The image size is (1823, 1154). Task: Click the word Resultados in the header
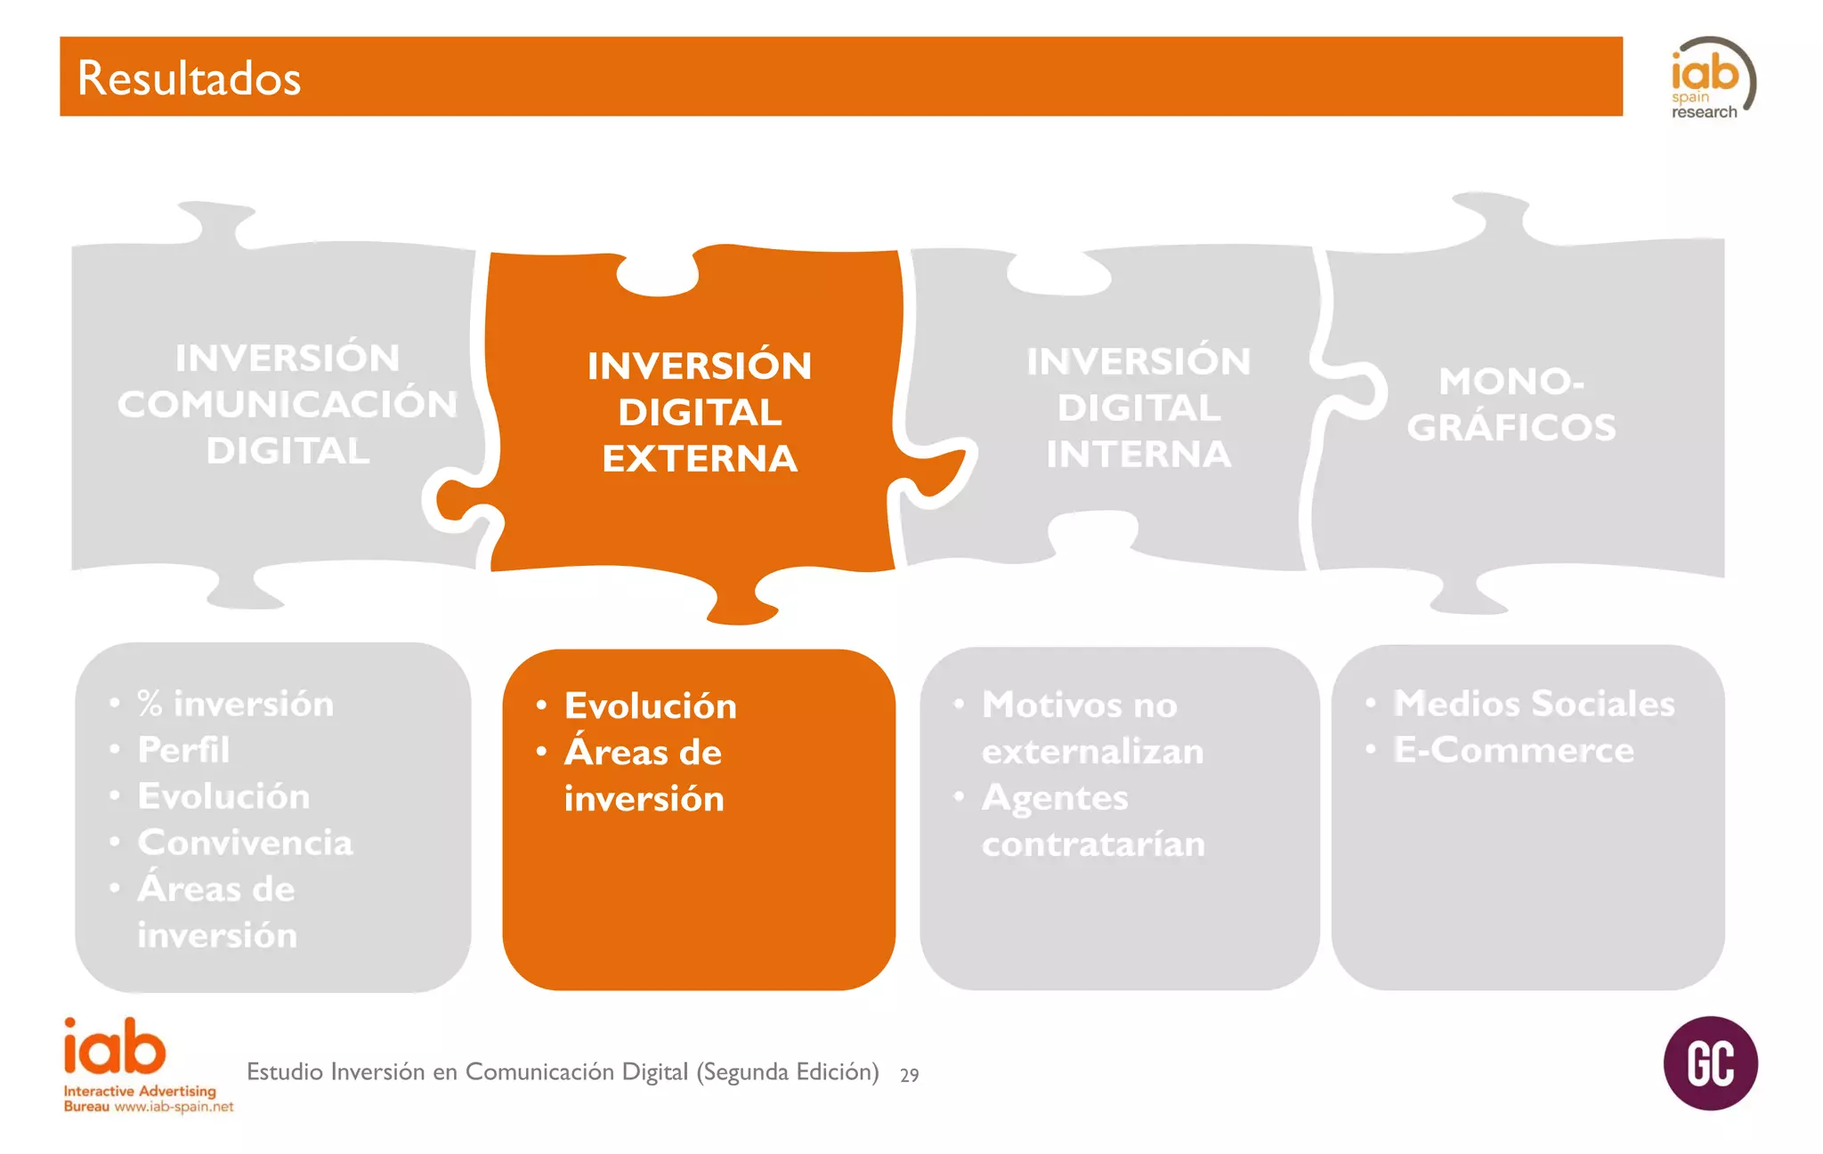(x=189, y=78)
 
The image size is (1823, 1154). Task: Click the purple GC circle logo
(x=1710, y=1063)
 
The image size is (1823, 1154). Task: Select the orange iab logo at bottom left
(x=115, y=1048)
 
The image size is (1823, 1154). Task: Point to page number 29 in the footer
(x=909, y=1075)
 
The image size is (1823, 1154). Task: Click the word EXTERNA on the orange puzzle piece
(x=700, y=459)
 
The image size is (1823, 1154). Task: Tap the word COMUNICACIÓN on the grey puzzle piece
(x=288, y=404)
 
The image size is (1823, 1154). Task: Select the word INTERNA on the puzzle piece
(x=1138, y=455)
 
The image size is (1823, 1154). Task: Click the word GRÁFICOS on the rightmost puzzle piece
(x=1511, y=428)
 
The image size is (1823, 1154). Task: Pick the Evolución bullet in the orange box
(x=650, y=706)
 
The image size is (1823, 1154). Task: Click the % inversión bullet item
(x=236, y=704)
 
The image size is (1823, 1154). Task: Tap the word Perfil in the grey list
(x=183, y=750)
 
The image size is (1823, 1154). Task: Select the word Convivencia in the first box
(x=245, y=843)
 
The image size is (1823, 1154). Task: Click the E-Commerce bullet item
(x=1513, y=750)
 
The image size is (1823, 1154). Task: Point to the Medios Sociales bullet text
(x=1534, y=704)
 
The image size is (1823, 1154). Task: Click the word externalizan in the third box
(x=1092, y=752)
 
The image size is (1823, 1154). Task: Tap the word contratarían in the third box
(x=1093, y=844)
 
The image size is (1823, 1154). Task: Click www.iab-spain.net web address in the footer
(x=174, y=1107)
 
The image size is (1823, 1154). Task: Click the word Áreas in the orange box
(x=616, y=752)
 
